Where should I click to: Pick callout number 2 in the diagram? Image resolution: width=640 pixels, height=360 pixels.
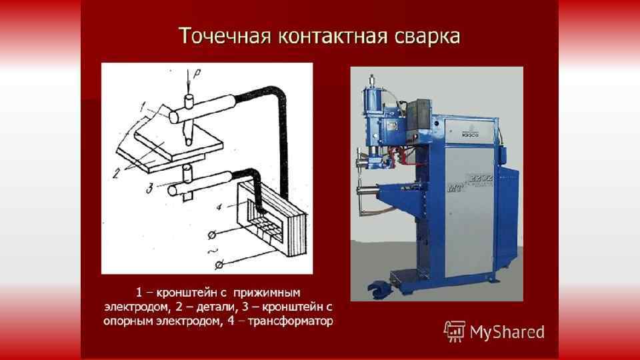click(117, 172)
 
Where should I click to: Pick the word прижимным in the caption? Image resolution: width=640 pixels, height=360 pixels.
click(273, 293)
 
